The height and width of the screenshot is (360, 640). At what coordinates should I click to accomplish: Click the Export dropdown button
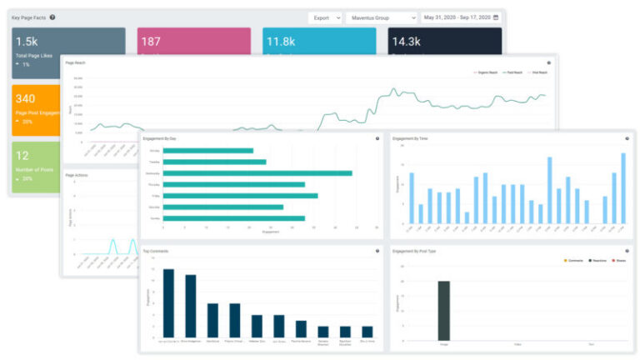click(324, 17)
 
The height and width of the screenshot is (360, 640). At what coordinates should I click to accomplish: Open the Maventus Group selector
click(381, 17)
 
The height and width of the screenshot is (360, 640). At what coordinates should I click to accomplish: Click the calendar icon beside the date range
click(496, 17)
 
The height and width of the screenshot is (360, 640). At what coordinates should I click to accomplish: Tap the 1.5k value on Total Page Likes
click(27, 41)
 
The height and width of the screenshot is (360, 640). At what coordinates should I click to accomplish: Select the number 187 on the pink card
click(151, 41)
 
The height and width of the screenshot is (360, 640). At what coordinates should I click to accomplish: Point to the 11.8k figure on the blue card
click(280, 41)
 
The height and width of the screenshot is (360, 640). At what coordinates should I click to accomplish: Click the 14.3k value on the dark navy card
click(406, 41)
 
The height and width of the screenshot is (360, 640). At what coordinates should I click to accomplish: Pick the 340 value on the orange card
click(25, 99)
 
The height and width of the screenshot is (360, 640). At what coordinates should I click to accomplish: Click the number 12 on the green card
click(22, 155)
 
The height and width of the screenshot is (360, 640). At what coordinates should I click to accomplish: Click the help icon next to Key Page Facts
click(52, 17)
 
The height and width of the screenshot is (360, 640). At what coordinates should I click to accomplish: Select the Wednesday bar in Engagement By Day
click(257, 173)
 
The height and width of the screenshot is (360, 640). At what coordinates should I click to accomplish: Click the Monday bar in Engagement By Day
click(208, 151)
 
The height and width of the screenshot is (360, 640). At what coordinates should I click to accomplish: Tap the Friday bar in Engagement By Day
click(240, 196)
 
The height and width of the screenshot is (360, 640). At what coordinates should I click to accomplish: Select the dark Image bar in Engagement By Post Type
click(443, 310)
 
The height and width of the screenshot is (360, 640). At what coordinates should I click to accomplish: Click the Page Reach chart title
click(75, 62)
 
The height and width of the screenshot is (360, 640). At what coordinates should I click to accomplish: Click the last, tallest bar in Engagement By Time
click(622, 188)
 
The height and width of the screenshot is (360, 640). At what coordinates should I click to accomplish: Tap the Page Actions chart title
click(76, 175)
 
